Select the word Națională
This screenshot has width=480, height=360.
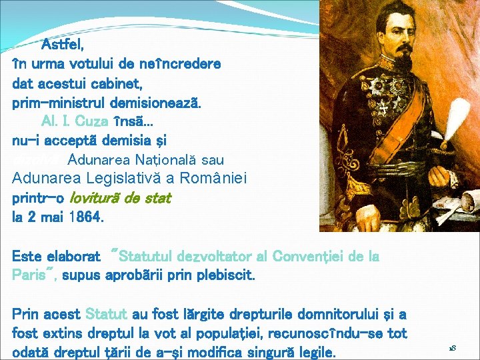click(154, 160)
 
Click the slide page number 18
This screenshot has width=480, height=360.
click(451, 348)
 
